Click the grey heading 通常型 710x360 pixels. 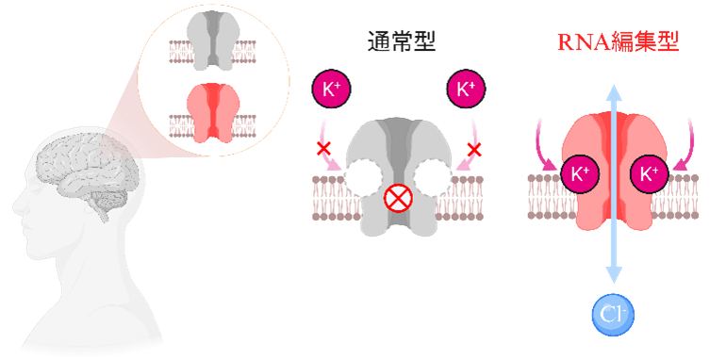tap(401, 42)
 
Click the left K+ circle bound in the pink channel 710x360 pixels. tap(578, 173)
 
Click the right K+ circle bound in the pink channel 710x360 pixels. tap(648, 173)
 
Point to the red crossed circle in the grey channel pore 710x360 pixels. tap(397, 200)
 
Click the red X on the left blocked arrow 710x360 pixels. tap(323, 148)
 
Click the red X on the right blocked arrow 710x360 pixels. tap(475, 148)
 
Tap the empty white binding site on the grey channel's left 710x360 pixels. tap(362, 176)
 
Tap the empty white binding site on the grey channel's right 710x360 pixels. tap(434, 176)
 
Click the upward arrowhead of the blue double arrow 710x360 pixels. tap(613, 91)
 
